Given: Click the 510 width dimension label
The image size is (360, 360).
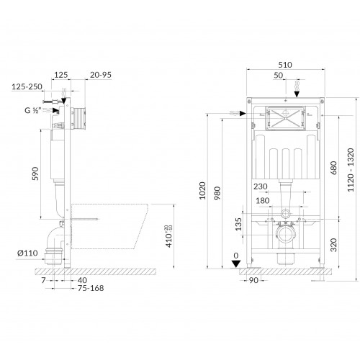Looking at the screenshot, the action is coord(285,65).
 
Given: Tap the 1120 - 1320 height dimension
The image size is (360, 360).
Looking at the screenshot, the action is coord(351,170).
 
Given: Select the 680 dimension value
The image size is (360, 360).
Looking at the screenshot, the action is coord(333,168).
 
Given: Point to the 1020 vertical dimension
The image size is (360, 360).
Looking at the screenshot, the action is coord(202,191).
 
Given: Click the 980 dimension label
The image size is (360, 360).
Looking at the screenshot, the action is coord(217,194).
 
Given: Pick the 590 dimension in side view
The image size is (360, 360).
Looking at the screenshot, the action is coord(35,174).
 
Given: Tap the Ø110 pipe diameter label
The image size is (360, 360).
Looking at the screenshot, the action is coord(27,253).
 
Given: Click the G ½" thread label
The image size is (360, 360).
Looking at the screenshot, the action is coord(33,110).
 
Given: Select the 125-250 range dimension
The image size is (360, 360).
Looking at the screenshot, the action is coord(27,86).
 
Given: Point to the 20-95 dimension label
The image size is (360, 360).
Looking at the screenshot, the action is coord(101,75).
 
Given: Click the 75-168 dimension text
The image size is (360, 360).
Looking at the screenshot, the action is coord(91,288).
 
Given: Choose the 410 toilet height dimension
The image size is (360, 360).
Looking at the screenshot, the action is coord(169,236).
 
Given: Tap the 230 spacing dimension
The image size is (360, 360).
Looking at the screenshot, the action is coord(261,186).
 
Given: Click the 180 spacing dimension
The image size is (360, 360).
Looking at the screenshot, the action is coord(263,201).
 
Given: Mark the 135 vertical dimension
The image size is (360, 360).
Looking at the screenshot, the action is coord(238,224).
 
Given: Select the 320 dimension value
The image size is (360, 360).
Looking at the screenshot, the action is coord(333,245).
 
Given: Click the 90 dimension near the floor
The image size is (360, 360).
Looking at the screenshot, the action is coord(253,280).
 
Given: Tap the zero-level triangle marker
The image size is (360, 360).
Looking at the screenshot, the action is coord(236,264).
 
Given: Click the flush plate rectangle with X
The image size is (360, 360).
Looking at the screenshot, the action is coord(286,118).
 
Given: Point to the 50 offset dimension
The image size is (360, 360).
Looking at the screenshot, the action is coord(279,76).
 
